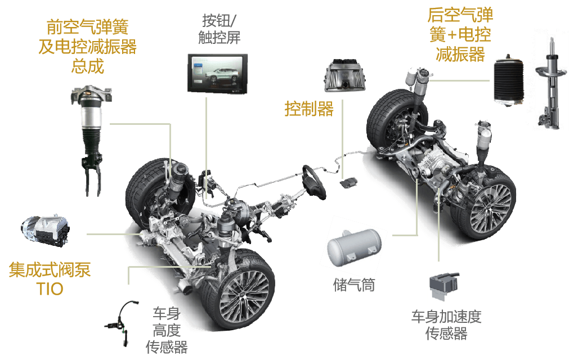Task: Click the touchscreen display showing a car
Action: click(217, 74)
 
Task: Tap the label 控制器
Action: click(309, 109)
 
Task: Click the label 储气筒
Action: click(354, 285)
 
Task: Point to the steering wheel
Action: click(314, 182)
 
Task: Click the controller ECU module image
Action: click(344, 75)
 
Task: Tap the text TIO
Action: click(50, 289)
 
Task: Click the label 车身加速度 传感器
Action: click(446, 325)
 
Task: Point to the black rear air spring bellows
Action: click(509, 80)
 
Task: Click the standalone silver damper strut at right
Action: click(550, 83)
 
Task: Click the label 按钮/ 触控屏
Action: click(219, 29)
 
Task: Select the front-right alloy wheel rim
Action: click(244, 296)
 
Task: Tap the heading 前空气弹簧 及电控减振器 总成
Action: click(87, 47)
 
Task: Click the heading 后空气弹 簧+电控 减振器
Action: click(460, 35)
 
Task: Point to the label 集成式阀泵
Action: click(50, 270)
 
